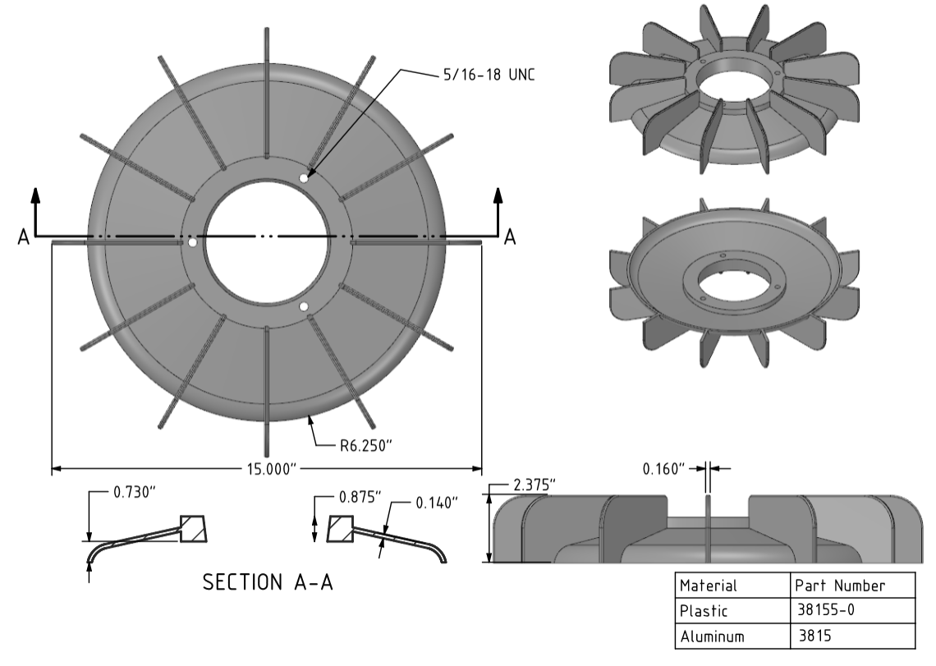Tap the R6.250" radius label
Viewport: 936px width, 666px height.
[x=368, y=445]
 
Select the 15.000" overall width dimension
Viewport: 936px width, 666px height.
[x=266, y=469]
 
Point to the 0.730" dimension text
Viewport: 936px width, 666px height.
[x=134, y=493]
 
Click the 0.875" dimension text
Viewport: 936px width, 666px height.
[x=360, y=498]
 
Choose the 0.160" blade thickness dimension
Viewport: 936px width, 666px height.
[x=663, y=469]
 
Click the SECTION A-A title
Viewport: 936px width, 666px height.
[x=268, y=582]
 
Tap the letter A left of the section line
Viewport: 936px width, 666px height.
[x=23, y=237]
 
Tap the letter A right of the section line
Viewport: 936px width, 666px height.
[x=510, y=237]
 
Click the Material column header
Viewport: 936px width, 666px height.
[x=708, y=586]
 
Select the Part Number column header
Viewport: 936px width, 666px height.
[x=840, y=586]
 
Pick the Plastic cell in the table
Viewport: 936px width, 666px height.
[x=704, y=611]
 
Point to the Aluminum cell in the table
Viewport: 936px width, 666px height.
[x=712, y=636]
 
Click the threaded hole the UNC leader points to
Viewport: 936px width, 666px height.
[x=304, y=177]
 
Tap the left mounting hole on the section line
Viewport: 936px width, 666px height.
[x=192, y=243]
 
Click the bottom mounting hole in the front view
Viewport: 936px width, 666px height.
[x=304, y=307]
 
